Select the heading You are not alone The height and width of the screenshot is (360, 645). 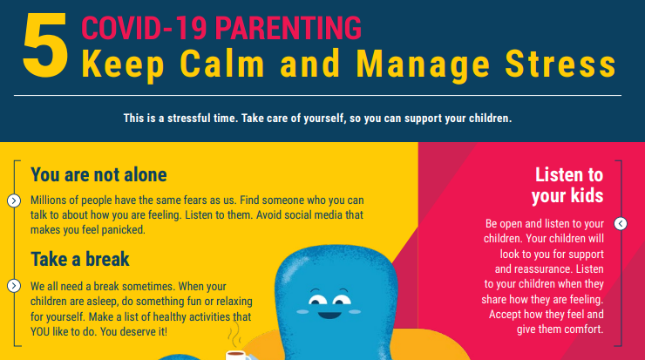pos(98,174)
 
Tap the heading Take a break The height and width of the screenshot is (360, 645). pos(80,259)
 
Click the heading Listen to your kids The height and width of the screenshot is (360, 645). pos(568,184)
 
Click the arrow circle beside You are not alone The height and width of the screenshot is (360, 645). pos(14,200)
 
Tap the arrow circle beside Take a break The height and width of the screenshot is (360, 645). pos(14,286)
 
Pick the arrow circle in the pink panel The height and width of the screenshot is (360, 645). pos(621,224)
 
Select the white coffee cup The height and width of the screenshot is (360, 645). pos(235,355)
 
